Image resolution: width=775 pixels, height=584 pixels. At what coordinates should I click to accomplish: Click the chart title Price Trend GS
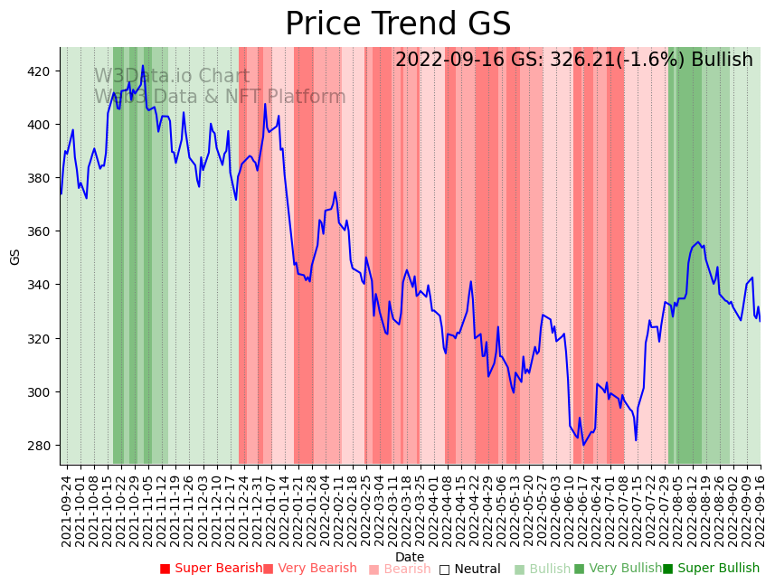398,24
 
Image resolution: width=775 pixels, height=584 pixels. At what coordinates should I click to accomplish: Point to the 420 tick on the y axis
41,71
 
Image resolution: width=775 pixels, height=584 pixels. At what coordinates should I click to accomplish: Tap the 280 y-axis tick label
41,446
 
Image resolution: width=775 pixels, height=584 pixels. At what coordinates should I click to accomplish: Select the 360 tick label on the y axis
41,231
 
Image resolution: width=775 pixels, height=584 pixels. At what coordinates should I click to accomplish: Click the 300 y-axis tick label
41,392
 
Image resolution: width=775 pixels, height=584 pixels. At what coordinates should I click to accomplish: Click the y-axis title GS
14,257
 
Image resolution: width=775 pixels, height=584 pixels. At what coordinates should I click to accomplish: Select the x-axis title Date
410,558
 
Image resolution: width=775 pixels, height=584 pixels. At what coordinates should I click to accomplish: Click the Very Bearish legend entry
310,569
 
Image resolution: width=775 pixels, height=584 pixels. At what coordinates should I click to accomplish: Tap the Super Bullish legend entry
711,569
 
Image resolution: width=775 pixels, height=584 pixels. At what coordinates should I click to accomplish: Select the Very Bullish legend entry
618,569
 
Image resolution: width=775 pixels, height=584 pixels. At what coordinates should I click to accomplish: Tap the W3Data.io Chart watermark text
172,77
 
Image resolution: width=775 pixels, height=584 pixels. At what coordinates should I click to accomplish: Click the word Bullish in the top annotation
722,61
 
